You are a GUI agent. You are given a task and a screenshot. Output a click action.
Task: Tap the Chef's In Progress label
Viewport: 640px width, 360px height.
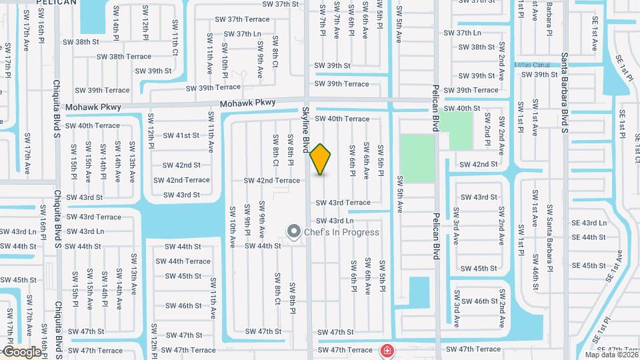pyautogui.click(x=341, y=233)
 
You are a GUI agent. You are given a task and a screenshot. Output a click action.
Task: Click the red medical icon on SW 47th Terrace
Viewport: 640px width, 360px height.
pyautogui.click(x=386, y=350)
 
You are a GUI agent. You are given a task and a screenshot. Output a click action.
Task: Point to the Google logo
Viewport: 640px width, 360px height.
pyautogui.click(x=21, y=352)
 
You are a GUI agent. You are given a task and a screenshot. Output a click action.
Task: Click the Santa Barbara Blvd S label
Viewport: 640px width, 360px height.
pyautogui.click(x=564, y=93)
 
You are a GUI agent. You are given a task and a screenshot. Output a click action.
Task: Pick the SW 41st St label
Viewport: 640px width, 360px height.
pyautogui.click(x=182, y=135)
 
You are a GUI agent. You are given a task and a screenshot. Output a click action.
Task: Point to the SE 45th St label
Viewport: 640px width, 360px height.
pyautogui.click(x=589, y=265)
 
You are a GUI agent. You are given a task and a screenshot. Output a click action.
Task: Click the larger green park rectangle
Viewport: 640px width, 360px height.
pyautogui.click(x=417, y=159)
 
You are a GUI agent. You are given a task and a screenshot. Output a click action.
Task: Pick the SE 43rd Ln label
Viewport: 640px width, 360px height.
pyautogui.click(x=589, y=223)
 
